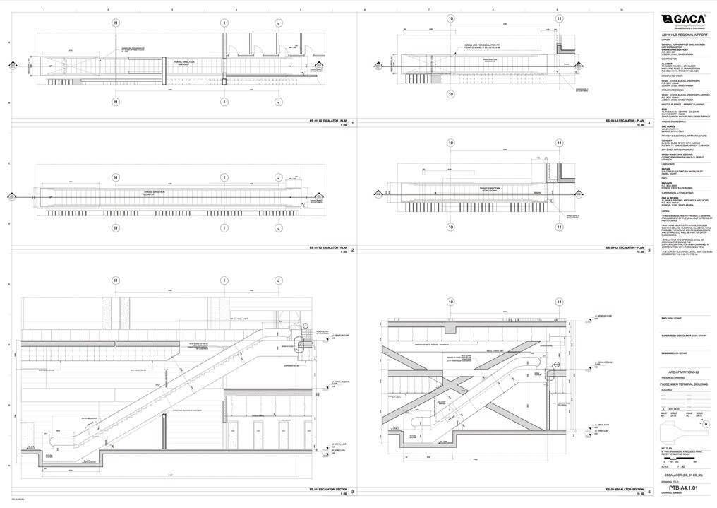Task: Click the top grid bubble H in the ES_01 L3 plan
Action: [x=116, y=23]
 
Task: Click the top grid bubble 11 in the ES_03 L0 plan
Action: [x=559, y=18]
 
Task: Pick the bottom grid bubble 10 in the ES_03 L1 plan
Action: [x=451, y=227]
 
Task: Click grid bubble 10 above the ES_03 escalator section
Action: [x=451, y=302]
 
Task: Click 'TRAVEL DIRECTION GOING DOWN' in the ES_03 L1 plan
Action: [x=490, y=189]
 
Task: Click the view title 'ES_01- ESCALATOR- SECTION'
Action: [x=327, y=490]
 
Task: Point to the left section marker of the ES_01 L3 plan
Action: [x=13, y=66]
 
